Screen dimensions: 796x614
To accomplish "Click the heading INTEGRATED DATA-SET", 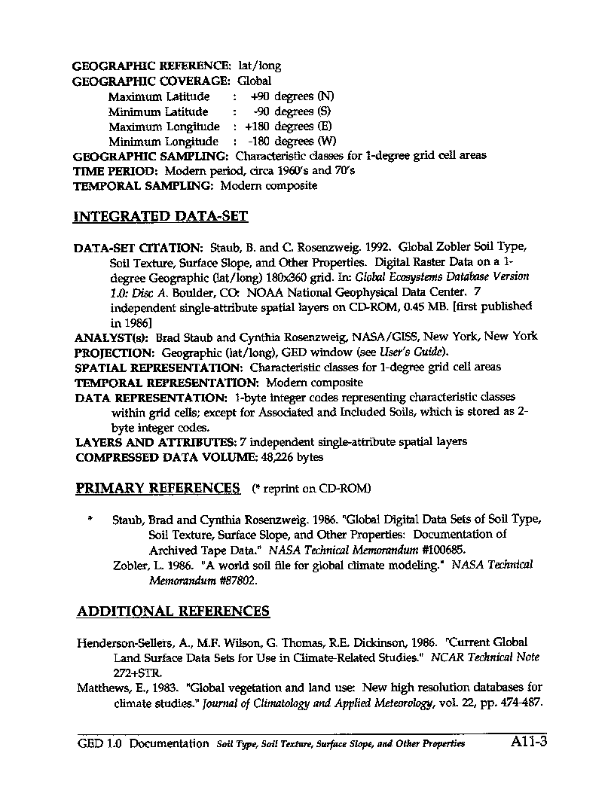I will (160, 217).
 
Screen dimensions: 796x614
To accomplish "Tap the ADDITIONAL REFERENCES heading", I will (173, 611).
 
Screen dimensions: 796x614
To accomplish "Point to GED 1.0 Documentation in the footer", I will (143, 743).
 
